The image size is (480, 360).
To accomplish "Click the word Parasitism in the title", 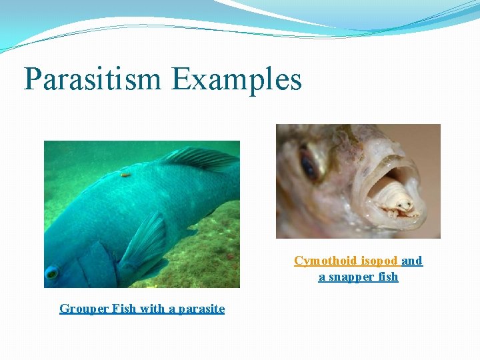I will coord(93,79).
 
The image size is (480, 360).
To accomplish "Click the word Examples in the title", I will coord(237,79).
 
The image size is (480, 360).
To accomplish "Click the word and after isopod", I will coord(412,261).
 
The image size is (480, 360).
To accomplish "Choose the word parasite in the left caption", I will coord(198,309).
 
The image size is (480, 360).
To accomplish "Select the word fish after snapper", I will coord(388,277).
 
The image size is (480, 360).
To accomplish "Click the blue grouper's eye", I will coord(51,272).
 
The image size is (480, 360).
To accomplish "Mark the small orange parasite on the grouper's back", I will coord(125,175).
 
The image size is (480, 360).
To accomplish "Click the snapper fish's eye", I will coord(309,166).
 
